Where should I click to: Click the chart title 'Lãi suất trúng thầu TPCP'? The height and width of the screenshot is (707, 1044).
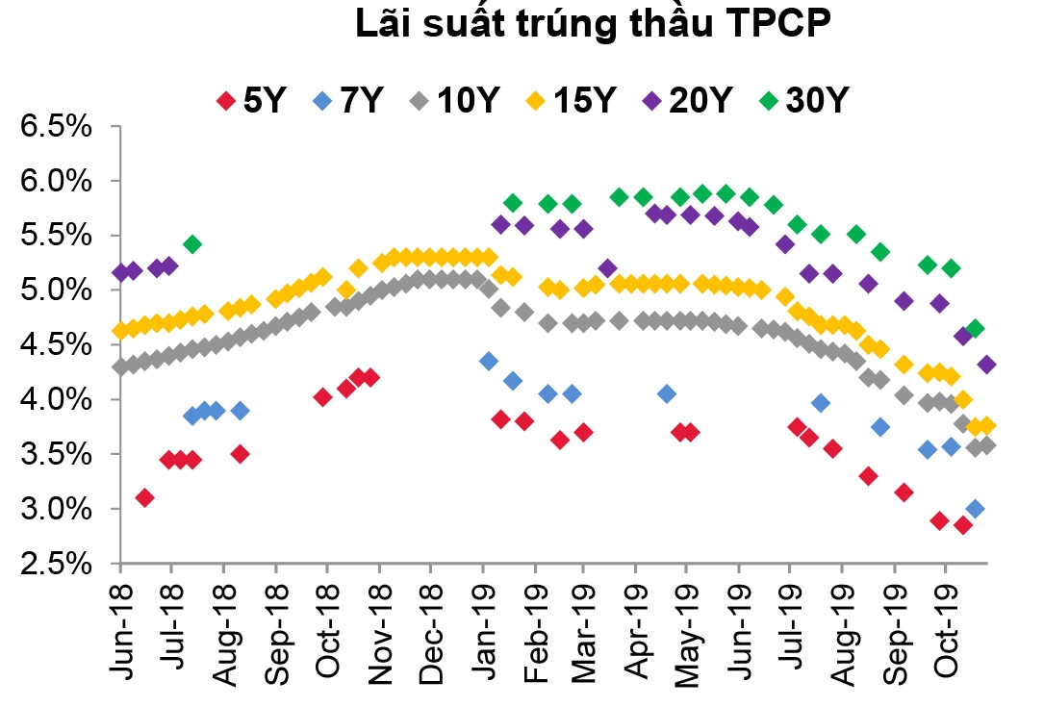coord(592,26)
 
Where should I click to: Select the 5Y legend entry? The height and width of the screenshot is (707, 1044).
coord(253,99)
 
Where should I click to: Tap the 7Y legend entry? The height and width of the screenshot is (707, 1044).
coord(351,99)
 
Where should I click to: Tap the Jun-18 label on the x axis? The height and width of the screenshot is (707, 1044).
coord(120,625)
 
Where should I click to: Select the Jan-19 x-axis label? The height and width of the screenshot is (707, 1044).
coord(483,625)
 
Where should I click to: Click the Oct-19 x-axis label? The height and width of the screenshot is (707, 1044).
coord(946,625)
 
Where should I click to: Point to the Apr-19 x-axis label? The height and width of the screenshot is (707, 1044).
coord(636,625)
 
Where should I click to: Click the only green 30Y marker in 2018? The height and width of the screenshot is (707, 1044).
coord(192,244)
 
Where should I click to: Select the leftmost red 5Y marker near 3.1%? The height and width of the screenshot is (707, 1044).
coord(145,497)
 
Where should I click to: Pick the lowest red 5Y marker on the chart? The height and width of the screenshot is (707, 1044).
coord(962,525)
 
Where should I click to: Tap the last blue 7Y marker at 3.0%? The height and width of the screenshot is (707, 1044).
coord(975,509)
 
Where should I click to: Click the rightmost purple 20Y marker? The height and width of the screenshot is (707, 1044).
coord(986,365)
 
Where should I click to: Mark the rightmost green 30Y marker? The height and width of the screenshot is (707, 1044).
coord(975,329)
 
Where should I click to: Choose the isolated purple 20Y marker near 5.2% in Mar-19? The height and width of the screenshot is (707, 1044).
coord(607,268)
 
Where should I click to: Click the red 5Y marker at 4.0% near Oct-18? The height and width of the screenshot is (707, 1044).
coord(323,397)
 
